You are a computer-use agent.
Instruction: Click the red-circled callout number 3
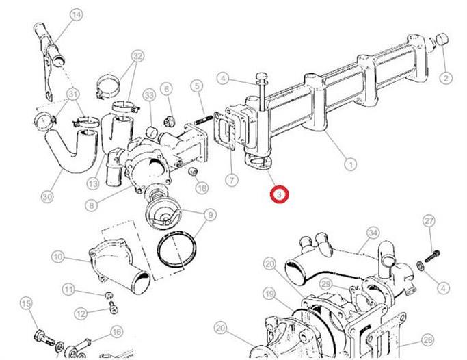click(280, 194)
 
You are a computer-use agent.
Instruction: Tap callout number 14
click(77, 15)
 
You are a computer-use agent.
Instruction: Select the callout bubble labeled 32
click(137, 56)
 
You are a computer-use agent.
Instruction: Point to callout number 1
click(351, 164)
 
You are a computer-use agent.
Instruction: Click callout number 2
click(446, 79)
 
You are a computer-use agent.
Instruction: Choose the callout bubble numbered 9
click(211, 215)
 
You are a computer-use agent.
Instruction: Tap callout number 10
click(58, 257)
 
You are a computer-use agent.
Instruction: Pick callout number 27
click(429, 221)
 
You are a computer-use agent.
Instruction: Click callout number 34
click(373, 233)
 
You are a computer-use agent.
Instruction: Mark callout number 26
click(428, 340)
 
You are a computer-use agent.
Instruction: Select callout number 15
click(26, 303)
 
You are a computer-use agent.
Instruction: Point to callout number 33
click(149, 95)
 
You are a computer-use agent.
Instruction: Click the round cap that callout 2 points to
click(442, 40)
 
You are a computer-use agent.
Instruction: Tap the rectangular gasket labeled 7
click(224, 133)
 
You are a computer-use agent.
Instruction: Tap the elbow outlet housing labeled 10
click(119, 266)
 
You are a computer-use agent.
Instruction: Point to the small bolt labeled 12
click(114, 307)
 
